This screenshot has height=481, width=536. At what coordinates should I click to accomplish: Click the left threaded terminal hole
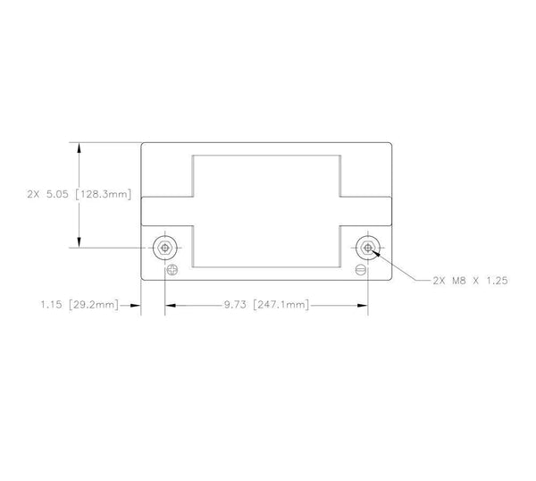[x=164, y=248]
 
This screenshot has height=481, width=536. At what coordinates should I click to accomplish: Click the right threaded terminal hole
[x=367, y=248]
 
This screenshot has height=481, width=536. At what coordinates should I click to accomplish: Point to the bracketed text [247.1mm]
[x=281, y=305]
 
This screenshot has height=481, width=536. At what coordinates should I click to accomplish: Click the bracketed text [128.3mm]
[x=107, y=193]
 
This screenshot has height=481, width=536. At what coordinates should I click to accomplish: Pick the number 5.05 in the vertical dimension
[x=58, y=193]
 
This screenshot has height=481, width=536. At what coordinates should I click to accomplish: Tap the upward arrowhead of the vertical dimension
[x=80, y=147]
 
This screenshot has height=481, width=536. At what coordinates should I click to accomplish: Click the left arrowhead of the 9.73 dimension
[x=170, y=305]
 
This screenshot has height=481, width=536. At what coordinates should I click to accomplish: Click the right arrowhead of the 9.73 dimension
[x=362, y=305]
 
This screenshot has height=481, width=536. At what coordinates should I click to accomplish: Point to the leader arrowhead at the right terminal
[x=374, y=252]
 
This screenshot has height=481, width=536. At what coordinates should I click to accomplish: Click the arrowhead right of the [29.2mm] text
[x=137, y=305]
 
